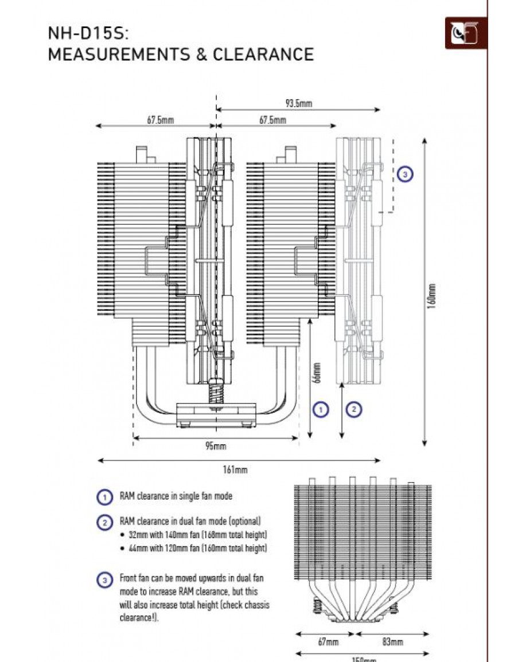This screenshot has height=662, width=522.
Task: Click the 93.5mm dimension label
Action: [298, 103]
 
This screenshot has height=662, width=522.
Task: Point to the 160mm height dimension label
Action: [432, 296]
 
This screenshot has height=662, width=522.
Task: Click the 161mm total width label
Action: [235, 469]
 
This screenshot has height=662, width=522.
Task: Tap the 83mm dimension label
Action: [393, 641]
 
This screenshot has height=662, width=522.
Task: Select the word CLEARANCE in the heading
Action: [263, 54]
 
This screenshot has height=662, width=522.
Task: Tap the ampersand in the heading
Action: [201, 54]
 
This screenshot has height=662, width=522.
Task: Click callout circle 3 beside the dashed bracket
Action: [405, 174]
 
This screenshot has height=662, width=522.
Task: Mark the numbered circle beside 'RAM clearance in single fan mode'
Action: [104, 497]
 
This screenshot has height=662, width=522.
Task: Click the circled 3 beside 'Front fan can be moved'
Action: [104, 579]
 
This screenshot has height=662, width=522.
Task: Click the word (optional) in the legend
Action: [244, 522]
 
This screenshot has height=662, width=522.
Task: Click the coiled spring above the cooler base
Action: [216, 394]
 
